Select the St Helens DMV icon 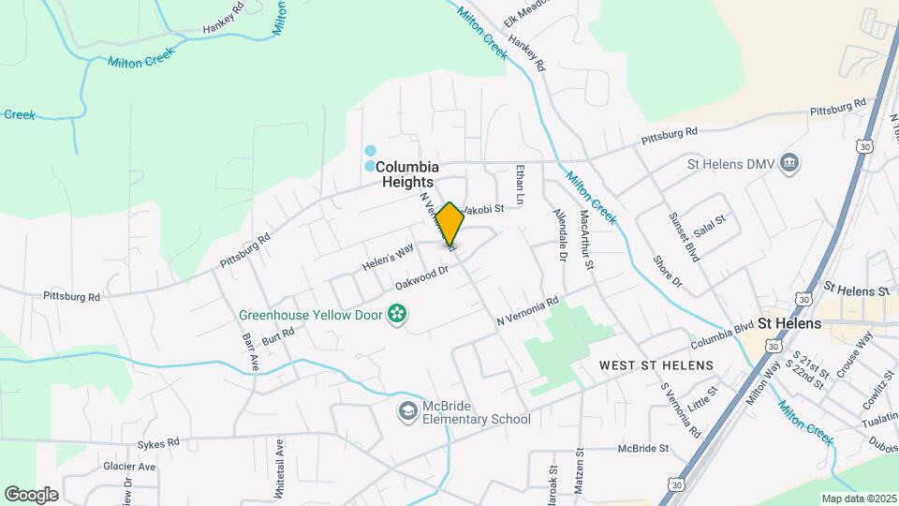789,163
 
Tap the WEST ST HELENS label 656,365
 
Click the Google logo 31,494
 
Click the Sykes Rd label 158,439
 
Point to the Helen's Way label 388,259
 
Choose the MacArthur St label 586,241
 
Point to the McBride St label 642,448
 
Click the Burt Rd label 273,338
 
